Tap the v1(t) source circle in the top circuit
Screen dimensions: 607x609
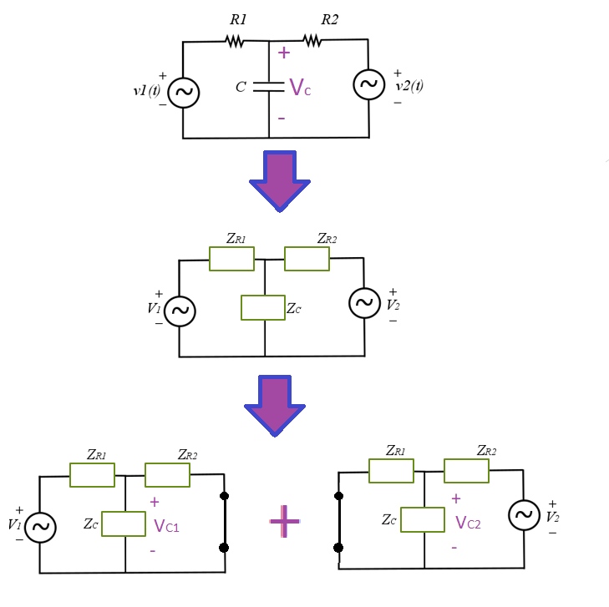click(x=183, y=94)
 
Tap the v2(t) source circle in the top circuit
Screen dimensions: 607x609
click(x=368, y=84)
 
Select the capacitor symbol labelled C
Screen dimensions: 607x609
click(x=269, y=87)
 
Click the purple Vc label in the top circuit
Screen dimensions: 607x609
click(x=300, y=88)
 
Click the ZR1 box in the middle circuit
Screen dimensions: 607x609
click(x=231, y=259)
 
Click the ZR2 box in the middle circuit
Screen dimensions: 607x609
click(x=307, y=259)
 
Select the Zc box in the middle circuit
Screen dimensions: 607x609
click(x=262, y=307)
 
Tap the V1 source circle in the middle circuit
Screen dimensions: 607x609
click(x=179, y=311)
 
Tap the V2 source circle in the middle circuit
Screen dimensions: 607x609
click(x=364, y=303)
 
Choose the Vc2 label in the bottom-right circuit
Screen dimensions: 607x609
click(x=468, y=524)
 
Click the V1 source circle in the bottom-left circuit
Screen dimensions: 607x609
click(x=40, y=528)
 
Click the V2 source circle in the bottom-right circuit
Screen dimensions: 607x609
click(x=524, y=515)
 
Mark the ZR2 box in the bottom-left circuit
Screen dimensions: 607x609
click(x=167, y=475)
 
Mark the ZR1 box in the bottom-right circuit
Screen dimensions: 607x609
click(x=391, y=471)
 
